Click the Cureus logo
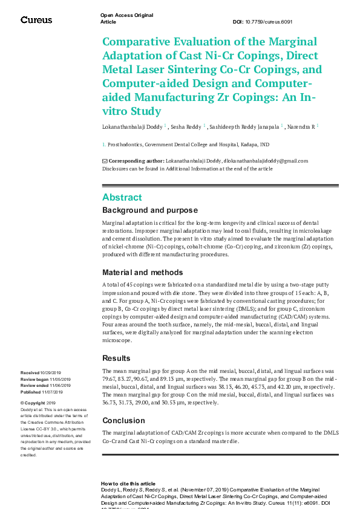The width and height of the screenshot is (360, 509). pyautogui.click(x=36, y=20)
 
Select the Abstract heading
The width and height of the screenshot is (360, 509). pyautogui.click(x=122, y=198)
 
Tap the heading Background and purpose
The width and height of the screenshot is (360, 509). pyautogui.click(x=149, y=210)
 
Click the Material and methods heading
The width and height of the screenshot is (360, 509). pyautogui.click(x=143, y=272)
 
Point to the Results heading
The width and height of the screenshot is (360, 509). pyautogui.click(x=116, y=358)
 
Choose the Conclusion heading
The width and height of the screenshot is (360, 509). pyautogui.click(x=123, y=420)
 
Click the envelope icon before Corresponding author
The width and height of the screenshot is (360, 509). pyautogui.click(x=105, y=161)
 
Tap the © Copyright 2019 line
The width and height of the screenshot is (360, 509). pyautogui.click(x=38, y=403)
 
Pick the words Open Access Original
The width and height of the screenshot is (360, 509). pyautogui.click(x=126, y=15)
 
